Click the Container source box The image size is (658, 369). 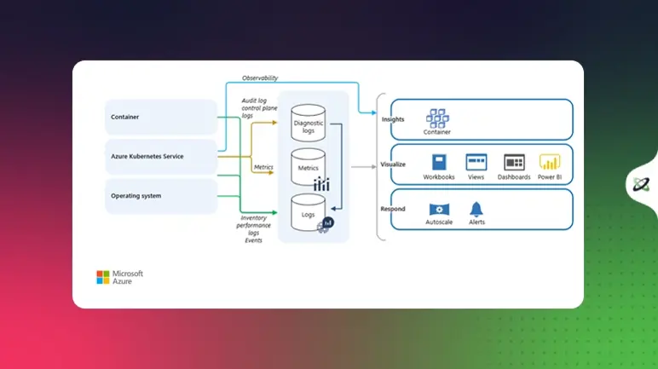point(161,118)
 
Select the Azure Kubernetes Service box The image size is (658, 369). point(161,157)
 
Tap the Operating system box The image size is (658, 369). point(161,196)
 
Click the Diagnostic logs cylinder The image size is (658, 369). point(309,124)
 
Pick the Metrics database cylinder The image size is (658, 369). point(308,167)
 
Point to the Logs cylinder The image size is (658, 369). point(308,212)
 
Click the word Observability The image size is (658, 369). point(260,78)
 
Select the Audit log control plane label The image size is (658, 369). point(259,108)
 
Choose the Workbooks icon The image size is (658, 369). point(439,162)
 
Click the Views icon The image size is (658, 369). point(476,162)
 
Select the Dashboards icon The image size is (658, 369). point(514,162)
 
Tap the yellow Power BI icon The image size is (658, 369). point(550,162)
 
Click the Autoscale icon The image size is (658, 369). point(440,209)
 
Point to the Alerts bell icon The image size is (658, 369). point(476,209)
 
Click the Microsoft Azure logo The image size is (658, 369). point(119,277)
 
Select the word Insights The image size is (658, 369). point(393,119)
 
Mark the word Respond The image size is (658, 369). point(393,209)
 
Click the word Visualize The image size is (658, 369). point(393,164)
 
